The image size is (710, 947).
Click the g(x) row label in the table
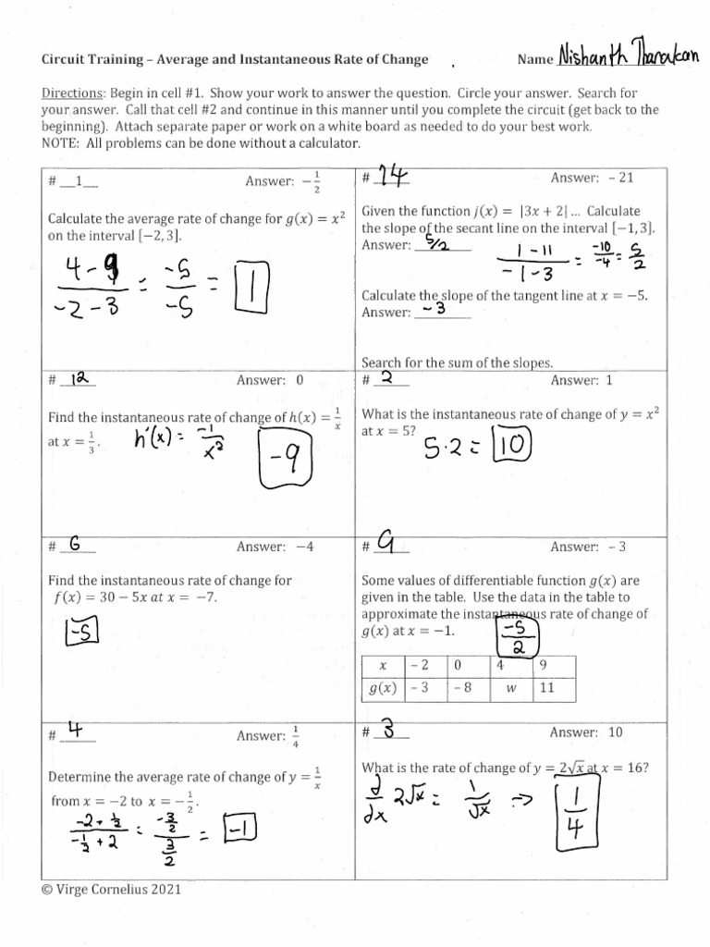[382, 688]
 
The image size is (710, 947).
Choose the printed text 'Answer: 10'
[587, 732]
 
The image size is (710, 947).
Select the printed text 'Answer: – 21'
[592, 177]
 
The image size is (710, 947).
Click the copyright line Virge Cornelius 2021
[111, 890]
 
